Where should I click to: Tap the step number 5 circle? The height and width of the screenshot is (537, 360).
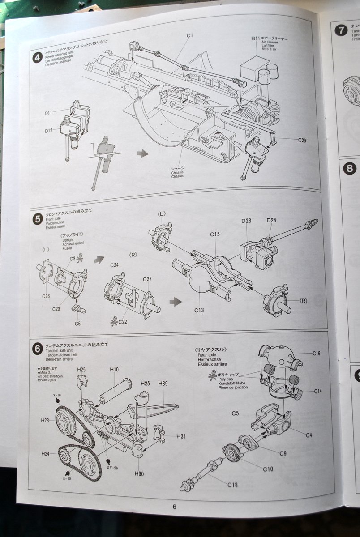38,219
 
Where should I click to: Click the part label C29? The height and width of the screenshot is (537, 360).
303,140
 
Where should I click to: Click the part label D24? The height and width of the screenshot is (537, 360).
271,220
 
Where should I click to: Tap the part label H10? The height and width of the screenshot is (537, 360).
114,369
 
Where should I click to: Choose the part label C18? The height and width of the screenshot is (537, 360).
232,485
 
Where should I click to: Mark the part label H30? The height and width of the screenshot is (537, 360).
139,474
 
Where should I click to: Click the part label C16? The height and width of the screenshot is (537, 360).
317,354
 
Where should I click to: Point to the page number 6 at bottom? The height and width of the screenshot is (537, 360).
174,507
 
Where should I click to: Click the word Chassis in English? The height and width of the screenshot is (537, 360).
177,172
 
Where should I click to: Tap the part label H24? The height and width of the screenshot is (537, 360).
45,453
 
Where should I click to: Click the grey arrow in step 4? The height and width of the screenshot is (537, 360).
142,153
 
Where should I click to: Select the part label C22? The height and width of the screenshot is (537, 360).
123,322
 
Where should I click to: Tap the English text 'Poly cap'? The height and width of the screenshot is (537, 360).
226,379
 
